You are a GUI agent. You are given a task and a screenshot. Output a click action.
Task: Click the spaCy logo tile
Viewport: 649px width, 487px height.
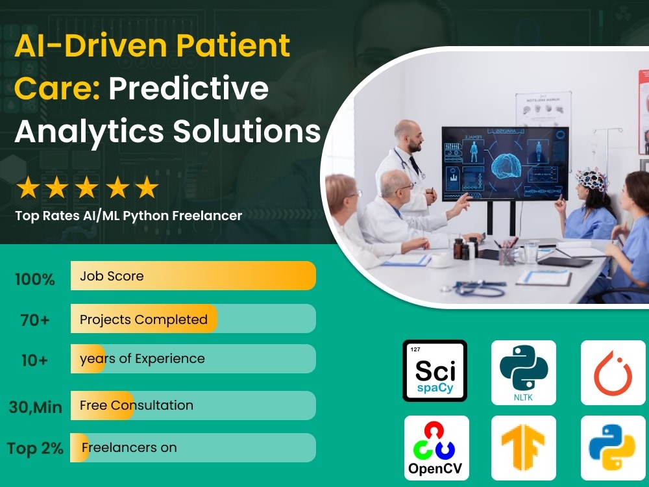(434, 371)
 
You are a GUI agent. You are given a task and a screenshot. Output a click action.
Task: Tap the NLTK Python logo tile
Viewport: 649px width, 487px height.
(523, 372)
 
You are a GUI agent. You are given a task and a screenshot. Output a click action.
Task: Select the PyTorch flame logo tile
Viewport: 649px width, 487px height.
(613, 372)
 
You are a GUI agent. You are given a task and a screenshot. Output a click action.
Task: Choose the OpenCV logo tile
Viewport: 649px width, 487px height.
(436, 447)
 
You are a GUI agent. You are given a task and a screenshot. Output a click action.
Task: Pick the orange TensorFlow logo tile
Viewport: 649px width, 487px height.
(523, 447)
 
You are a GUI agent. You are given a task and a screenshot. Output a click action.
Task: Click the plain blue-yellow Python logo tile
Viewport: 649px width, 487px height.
(613, 447)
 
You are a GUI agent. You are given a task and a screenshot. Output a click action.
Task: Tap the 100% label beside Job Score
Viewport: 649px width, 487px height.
(35, 280)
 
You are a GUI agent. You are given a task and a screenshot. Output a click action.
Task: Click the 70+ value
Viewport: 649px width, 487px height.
(35, 320)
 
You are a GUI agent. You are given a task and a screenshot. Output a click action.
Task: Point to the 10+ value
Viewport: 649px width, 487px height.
(34, 360)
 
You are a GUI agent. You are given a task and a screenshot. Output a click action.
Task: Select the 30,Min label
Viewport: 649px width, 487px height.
(36, 408)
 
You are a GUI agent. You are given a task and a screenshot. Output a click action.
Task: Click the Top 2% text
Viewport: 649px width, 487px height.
(36, 449)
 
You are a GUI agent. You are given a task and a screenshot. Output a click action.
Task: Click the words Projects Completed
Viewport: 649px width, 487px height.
(143, 319)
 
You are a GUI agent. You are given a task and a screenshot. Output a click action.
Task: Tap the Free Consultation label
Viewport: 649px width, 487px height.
(136, 405)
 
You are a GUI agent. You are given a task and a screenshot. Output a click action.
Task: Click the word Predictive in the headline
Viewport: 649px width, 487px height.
(188, 88)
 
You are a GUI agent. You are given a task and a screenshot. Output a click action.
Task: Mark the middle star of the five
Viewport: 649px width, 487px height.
(87, 188)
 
